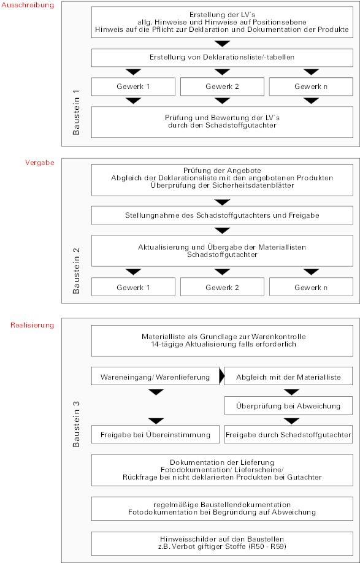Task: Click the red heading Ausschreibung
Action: coord(28,5)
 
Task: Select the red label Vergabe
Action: coord(40,163)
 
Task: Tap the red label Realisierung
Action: coord(33,325)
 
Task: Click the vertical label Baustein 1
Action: coord(77,113)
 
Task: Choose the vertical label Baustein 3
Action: coord(77,424)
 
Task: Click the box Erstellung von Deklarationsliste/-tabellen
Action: coord(222,58)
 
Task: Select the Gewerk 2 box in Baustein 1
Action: coord(222,86)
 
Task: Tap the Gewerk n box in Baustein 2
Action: coord(311,287)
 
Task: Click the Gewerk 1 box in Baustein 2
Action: coord(133,287)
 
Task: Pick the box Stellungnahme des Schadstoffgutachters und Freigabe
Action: coord(222,215)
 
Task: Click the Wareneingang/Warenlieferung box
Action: coord(155,377)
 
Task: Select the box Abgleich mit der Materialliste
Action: coord(289,377)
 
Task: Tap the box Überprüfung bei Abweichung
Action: coord(289,406)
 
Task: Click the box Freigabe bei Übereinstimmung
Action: coord(155,434)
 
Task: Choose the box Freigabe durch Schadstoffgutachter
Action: coord(289,434)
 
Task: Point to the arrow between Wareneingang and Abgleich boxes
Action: coord(222,376)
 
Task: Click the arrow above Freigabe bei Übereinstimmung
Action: coord(156,421)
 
